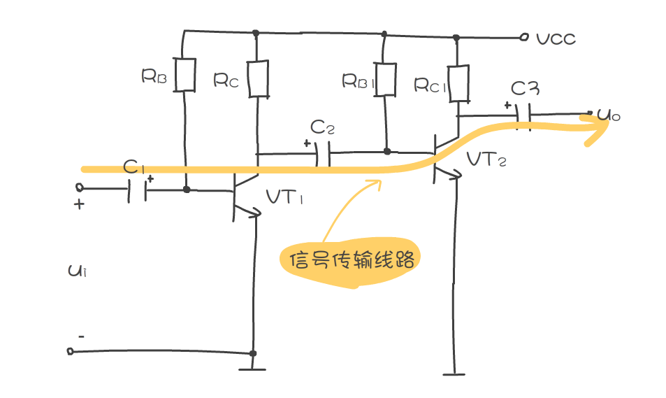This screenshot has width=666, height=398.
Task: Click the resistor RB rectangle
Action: point(184,75)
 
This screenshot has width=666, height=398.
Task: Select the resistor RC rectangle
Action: point(258,78)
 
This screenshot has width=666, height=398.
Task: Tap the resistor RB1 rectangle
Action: point(385,78)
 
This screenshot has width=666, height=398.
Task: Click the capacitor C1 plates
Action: point(138,189)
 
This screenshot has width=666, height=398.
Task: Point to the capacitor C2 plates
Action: point(322,152)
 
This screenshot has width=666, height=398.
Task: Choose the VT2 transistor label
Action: point(486,160)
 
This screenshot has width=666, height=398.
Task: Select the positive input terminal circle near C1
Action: point(79,187)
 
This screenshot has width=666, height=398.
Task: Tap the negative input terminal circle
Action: point(70,350)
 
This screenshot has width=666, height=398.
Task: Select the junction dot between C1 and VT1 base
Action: point(186,189)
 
